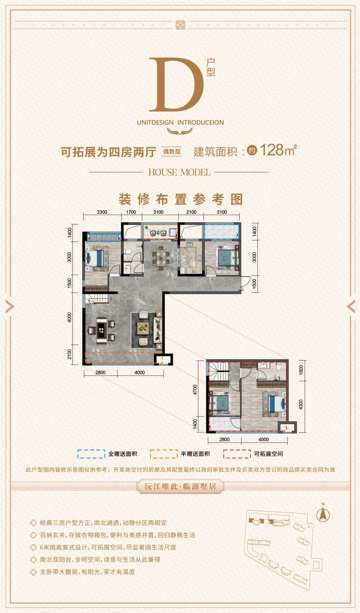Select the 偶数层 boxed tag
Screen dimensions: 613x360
pos(171,152)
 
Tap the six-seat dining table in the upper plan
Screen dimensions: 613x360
pos(161,257)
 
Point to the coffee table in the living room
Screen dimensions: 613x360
pos(144,328)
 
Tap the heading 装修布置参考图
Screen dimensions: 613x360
pos(180,199)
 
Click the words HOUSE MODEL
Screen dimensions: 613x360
pos(179,172)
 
